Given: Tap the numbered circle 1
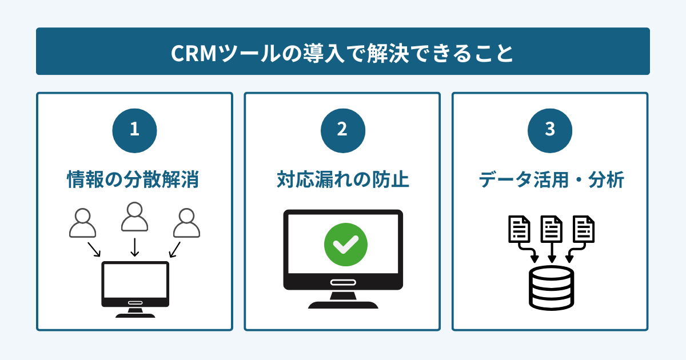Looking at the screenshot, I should [x=134, y=130].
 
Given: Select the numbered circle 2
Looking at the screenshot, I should [x=342, y=130].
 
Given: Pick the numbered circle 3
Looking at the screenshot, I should [x=549, y=130].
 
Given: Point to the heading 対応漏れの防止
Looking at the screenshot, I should [x=342, y=180].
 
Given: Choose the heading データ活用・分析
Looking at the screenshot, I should [x=551, y=180].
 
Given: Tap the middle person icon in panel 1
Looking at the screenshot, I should [x=134, y=218].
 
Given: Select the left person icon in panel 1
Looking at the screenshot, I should [x=82, y=223].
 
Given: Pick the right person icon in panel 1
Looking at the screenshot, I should [x=186, y=223].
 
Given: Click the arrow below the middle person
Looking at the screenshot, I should [x=134, y=247].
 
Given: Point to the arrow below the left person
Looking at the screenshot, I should [x=94, y=249].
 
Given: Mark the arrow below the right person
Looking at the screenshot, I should [x=175, y=249].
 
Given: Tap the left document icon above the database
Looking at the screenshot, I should [x=519, y=229].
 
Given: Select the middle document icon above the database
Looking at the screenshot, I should [x=551, y=229].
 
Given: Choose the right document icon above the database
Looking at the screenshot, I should [x=584, y=229].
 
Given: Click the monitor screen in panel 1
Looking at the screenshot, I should [x=135, y=280].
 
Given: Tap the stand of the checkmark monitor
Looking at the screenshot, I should [x=343, y=300].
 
